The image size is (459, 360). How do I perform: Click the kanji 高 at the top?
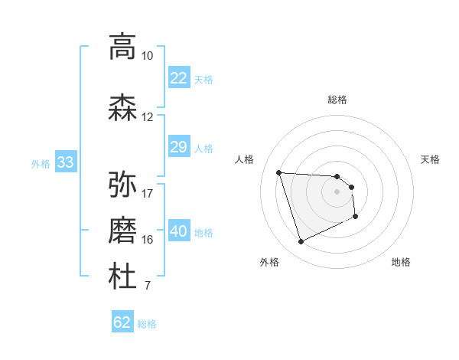click(122, 47)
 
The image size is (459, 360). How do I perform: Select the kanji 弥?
click(122, 184)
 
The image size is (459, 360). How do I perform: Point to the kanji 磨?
click(122, 231)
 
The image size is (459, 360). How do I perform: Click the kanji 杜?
click(122, 277)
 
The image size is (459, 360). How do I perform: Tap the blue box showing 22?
click(178, 78)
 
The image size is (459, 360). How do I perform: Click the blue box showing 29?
click(178, 147)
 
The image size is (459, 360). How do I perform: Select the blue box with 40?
click(178, 231)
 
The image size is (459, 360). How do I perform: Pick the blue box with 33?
click(65, 162)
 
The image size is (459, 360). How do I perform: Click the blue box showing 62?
click(122, 322)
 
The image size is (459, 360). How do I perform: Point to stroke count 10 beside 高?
click(147, 56)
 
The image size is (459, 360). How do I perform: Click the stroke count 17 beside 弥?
click(147, 193)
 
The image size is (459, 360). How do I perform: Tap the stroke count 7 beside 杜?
click(147, 286)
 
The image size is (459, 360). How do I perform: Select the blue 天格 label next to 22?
click(203, 79)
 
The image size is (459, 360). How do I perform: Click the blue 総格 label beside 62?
click(147, 324)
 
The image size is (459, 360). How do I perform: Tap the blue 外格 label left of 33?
click(41, 163)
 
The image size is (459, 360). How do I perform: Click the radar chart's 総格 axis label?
click(337, 100)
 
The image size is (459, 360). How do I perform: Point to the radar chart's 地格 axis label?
click(401, 262)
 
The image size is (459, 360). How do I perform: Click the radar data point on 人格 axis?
click(279, 172)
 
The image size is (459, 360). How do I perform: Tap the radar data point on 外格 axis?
click(301, 242)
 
